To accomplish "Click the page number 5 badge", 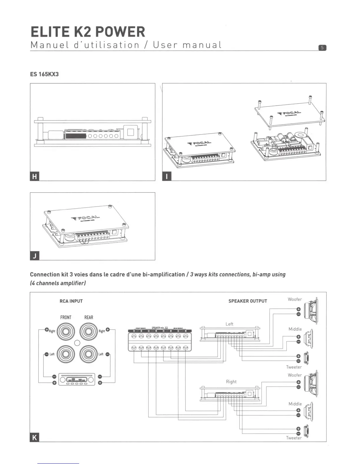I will (x=322, y=48).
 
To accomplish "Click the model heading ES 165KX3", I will (x=44, y=74).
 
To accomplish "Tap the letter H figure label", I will (x=35, y=177).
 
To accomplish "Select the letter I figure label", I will (x=167, y=177).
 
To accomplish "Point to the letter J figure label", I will (x=35, y=256).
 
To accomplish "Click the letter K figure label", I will (x=35, y=437).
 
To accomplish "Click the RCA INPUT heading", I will (x=71, y=301).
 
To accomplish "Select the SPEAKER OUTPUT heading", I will (x=248, y=301).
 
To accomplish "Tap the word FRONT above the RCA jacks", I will (x=66, y=317).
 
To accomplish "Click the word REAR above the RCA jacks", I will (x=89, y=317).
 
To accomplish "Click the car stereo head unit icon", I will (x=77, y=380).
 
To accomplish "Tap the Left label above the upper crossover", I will (x=229, y=324).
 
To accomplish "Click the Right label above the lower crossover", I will (x=231, y=382).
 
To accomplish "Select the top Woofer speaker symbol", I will (x=311, y=311).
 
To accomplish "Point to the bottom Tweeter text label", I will (x=294, y=438).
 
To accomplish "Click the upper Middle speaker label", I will (x=295, y=329).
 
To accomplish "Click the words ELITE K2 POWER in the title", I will (x=88, y=32).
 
